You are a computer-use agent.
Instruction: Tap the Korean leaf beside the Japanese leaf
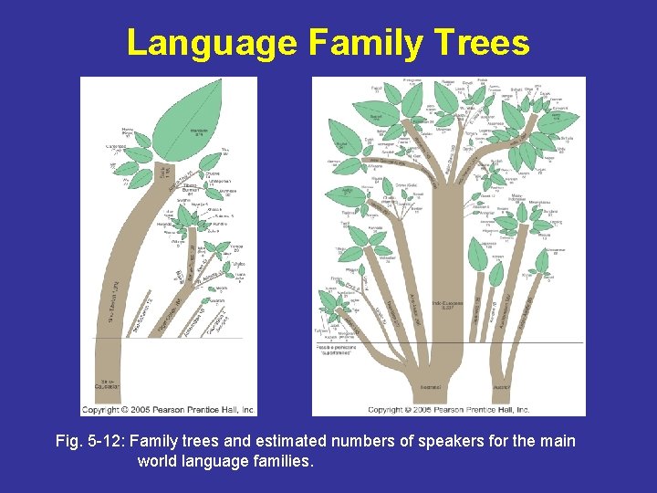point(496,271)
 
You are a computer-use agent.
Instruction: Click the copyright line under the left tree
point(168,410)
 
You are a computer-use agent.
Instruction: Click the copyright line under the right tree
point(448,410)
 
